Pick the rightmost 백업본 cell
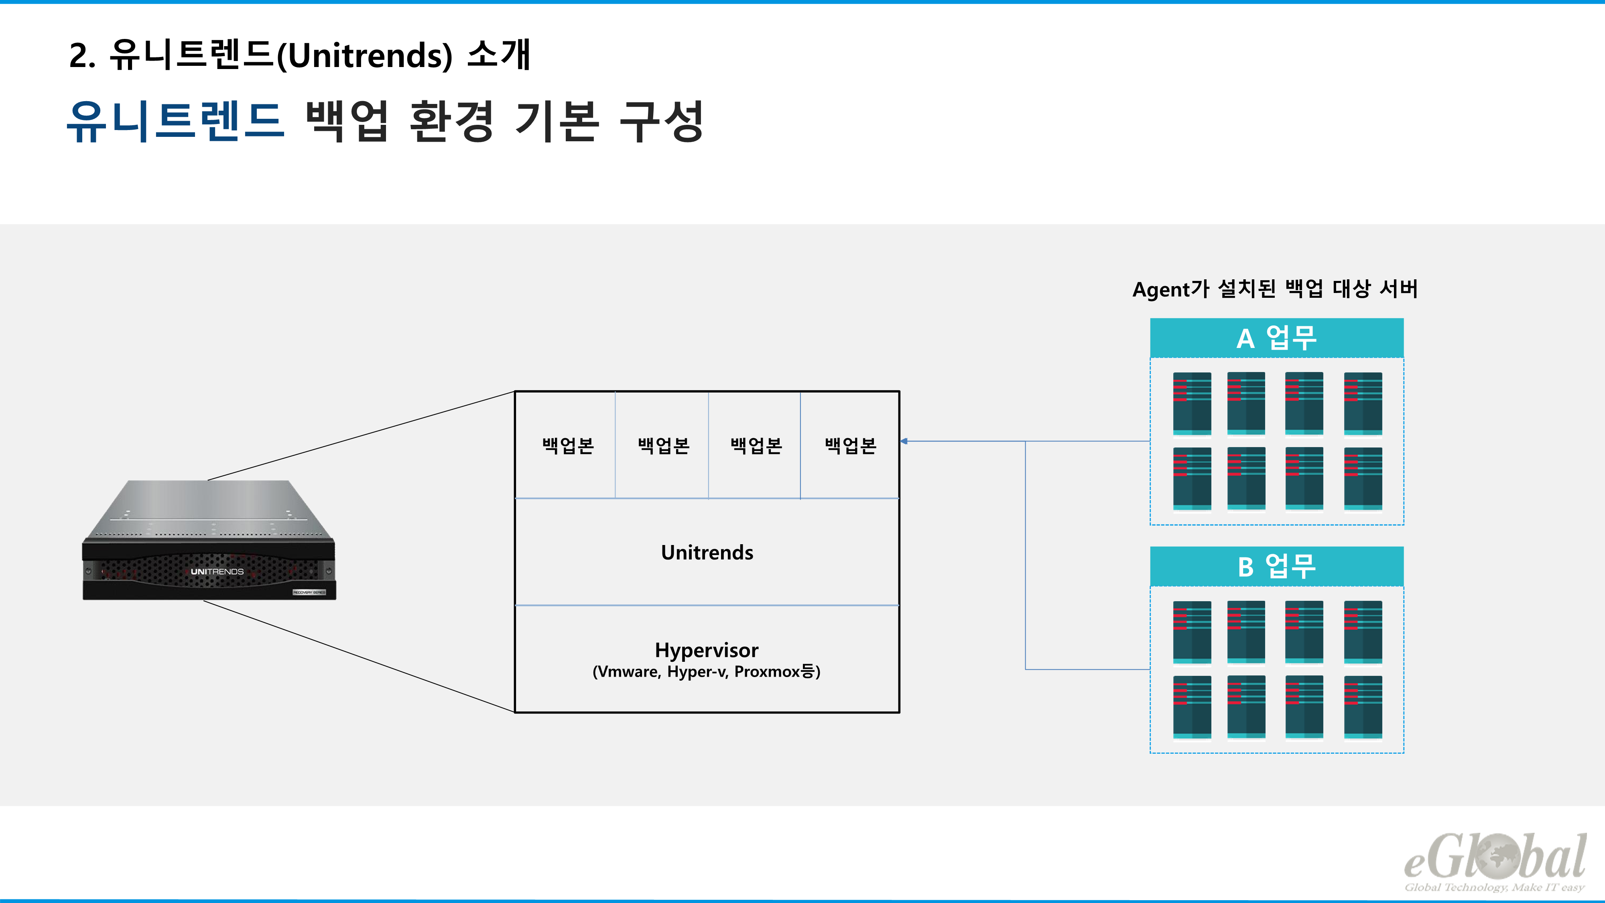coord(851,445)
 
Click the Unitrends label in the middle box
coord(707,552)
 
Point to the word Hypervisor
coord(707,650)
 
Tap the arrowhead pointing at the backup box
coord(904,441)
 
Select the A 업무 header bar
coord(1277,338)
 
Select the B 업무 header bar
coord(1277,566)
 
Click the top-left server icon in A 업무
coord(1192,403)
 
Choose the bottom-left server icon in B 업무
coord(1192,707)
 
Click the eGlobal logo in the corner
coord(1495,857)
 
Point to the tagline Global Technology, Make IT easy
coord(1494,887)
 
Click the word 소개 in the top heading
coord(498,55)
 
